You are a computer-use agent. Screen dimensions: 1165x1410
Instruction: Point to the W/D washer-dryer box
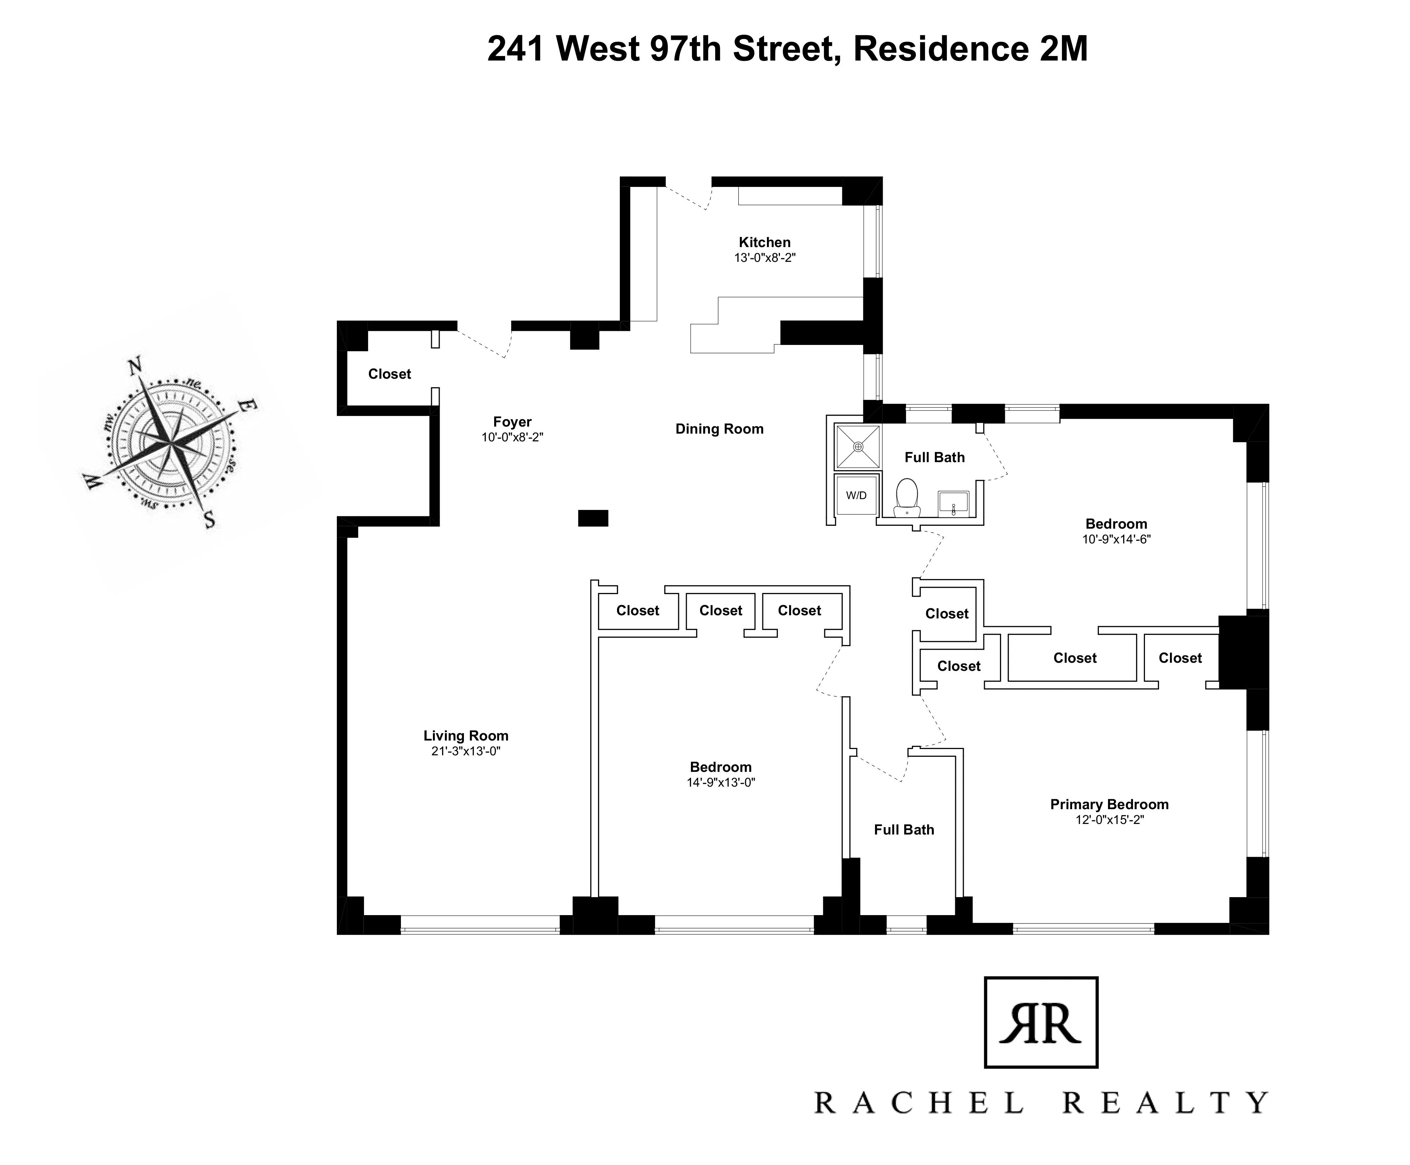(856, 495)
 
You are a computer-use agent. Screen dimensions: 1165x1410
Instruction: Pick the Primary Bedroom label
(1109, 804)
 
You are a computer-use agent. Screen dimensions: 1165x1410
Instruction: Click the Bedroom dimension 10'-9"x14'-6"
(1116, 539)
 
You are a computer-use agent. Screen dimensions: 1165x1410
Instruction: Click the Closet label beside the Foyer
(389, 374)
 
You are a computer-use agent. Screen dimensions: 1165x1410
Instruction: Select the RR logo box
(1040, 1022)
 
